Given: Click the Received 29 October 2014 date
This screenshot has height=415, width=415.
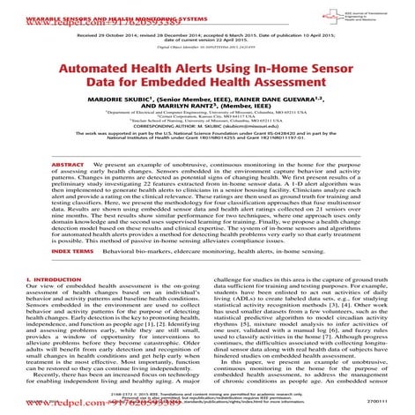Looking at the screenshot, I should tap(111, 38).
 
